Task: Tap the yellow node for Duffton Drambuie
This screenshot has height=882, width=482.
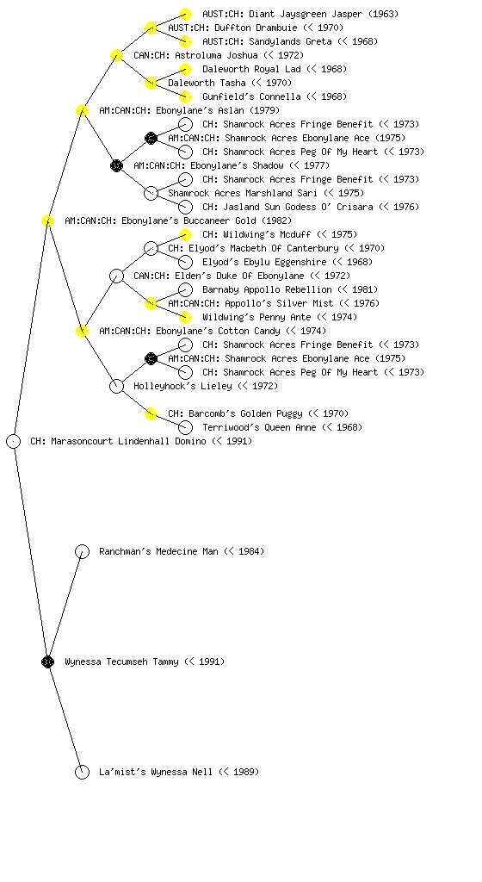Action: [x=151, y=28]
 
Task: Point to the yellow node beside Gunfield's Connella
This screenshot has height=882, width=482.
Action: [x=185, y=96]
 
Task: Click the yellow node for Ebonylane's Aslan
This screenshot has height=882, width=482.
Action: [x=82, y=110]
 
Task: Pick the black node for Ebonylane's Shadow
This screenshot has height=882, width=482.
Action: [x=116, y=165]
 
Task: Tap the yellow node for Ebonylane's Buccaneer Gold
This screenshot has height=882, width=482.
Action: [x=47, y=220]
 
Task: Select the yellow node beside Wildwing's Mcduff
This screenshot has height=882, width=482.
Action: [x=185, y=234]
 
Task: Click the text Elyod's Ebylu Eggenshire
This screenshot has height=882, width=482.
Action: [x=264, y=262]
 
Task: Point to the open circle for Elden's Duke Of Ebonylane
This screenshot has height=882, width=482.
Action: [x=116, y=276]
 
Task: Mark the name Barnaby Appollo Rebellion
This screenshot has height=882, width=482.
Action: [x=267, y=289]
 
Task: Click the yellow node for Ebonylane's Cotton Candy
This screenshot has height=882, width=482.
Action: [x=82, y=331]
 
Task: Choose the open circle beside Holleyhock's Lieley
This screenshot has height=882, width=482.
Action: [x=116, y=386]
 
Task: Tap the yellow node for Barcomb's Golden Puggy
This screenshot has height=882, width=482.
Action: [x=151, y=413]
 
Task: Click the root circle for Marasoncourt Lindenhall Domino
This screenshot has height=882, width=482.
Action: [x=14, y=441]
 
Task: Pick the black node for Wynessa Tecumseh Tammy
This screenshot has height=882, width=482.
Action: [x=47, y=661]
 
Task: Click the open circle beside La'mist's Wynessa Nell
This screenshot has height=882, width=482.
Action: [x=82, y=772]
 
